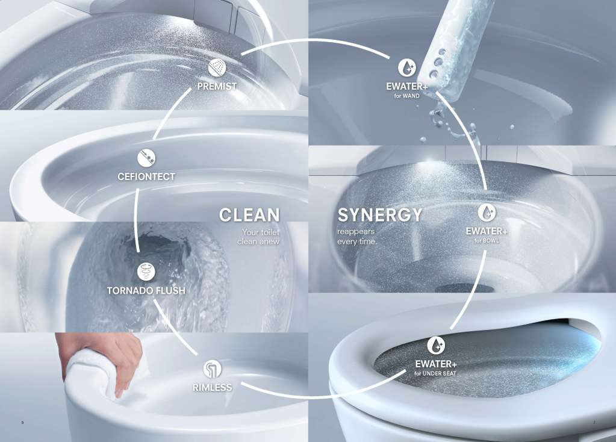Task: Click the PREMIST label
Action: click(217, 86)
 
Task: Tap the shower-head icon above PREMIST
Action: click(217, 67)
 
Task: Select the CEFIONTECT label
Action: click(146, 177)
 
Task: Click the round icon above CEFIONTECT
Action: click(146, 158)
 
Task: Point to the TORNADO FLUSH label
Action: click(146, 290)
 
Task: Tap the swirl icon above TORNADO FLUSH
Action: click(146, 272)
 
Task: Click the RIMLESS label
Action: click(212, 387)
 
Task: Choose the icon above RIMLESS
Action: click(212, 369)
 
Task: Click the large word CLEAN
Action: click(249, 216)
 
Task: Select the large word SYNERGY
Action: click(380, 215)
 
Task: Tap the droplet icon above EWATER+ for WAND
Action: click(406, 67)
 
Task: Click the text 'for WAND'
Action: click(407, 96)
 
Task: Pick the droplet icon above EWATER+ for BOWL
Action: click(487, 213)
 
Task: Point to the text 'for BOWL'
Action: click(487, 240)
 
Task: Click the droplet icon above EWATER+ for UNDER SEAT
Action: click(436, 345)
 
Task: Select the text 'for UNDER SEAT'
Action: click(435, 373)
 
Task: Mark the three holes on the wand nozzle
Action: click(437, 63)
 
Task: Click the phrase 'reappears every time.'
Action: click(356, 237)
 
